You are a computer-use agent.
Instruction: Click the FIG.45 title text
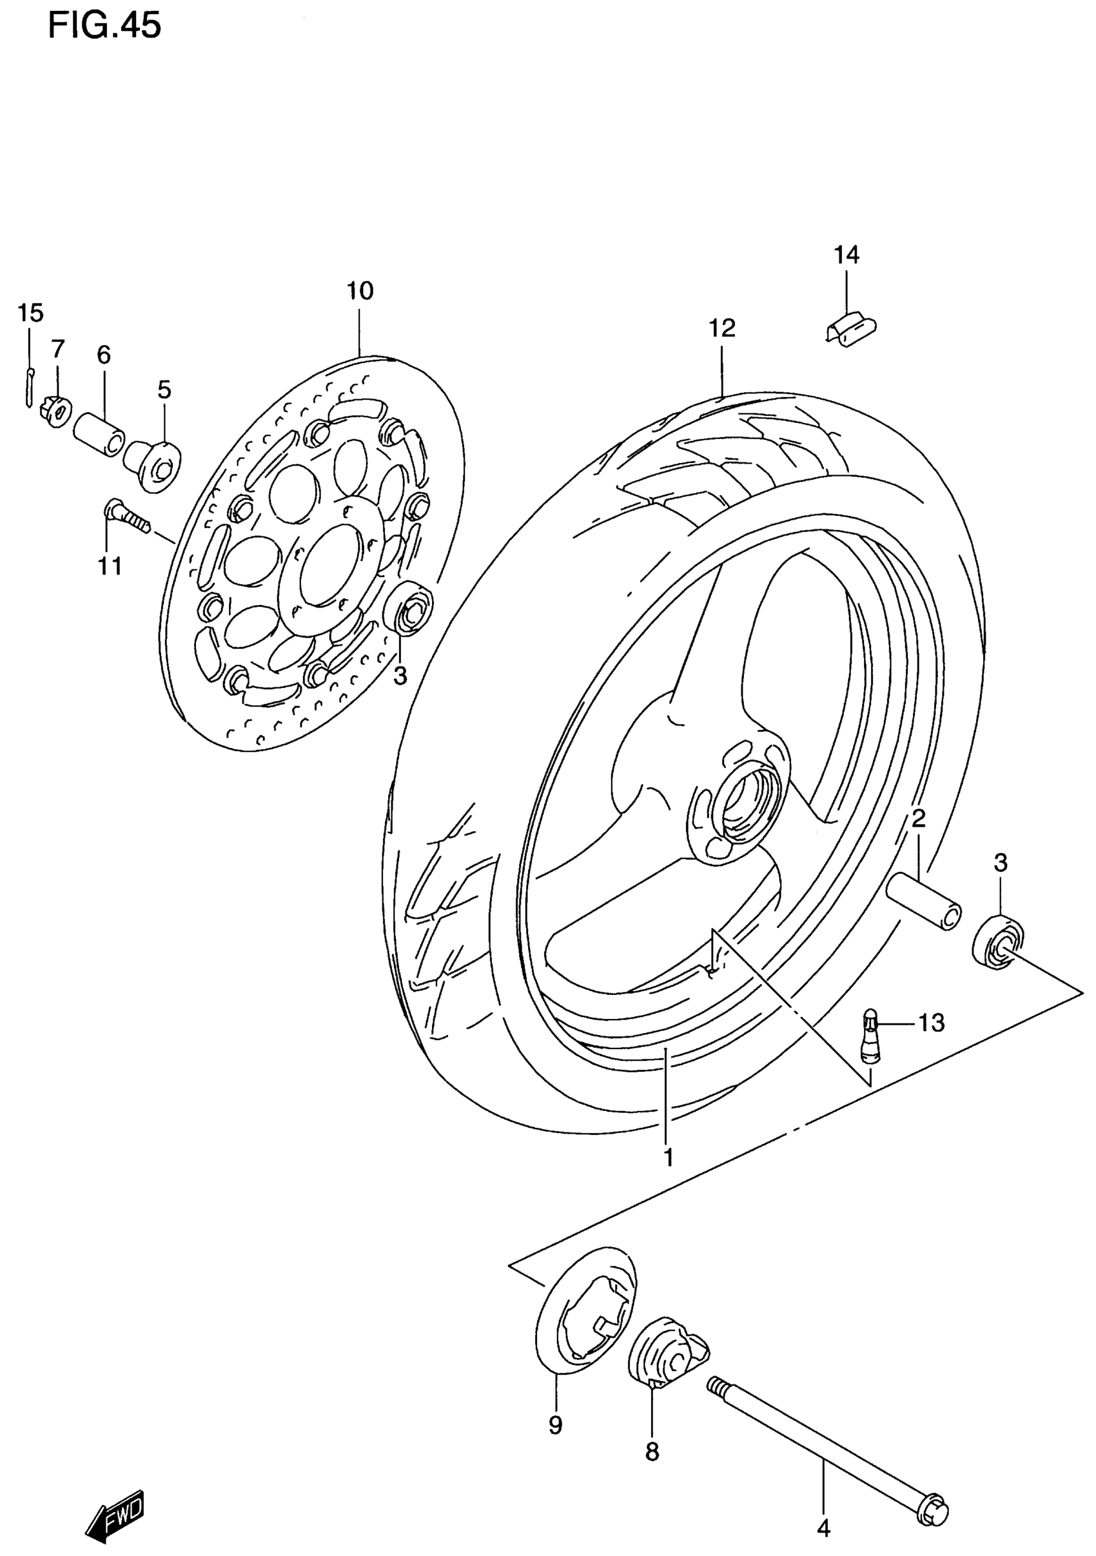click(105, 26)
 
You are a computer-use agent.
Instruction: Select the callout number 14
click(846, 255)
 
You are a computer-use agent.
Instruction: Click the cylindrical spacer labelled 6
click(99, 434)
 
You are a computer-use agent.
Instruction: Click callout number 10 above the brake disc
click(360, 291)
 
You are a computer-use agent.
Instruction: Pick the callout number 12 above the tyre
click(722, 329)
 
